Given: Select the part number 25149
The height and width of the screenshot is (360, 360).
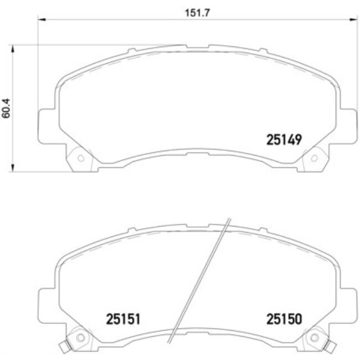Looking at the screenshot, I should [283, 140].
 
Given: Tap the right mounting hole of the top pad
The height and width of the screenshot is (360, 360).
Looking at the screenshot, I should [314, 158].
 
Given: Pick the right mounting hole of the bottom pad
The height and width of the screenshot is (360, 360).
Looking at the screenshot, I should [314, 337].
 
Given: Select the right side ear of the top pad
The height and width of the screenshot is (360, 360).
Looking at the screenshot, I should [347, 124].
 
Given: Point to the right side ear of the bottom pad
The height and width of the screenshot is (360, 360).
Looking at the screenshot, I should [347, 303].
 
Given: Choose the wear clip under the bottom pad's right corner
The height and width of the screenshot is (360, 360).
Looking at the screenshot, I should [331, 348].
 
